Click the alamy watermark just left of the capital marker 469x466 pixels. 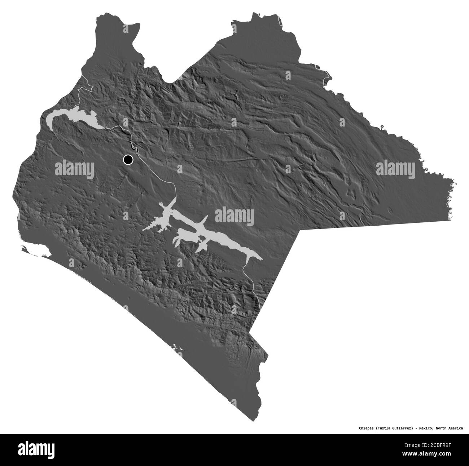tap(74, 168)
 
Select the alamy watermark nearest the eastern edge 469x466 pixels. tap(395, 168)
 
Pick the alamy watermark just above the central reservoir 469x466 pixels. tap(234, 217)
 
